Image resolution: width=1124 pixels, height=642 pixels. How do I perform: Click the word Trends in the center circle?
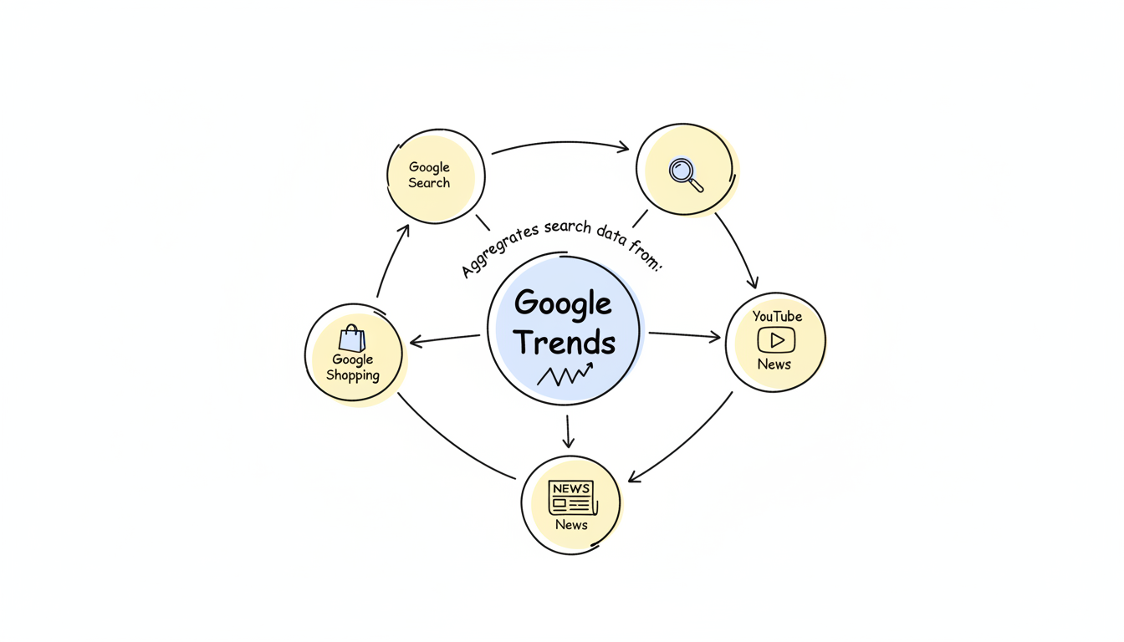[565, 342]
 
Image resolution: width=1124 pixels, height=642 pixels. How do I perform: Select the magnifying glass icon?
[686, 174]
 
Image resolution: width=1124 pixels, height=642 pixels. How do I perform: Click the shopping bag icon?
[352, 339]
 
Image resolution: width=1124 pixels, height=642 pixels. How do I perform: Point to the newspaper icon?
[571, 497]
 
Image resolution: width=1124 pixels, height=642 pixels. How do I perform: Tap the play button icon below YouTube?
[776, 340]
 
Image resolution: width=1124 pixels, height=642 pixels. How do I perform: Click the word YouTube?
[777, 316]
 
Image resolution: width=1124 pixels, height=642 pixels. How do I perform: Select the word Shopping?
[352, 375]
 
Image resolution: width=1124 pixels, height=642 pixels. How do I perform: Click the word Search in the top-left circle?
[429, 183]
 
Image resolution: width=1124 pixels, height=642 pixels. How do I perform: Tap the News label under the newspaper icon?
[571, 525]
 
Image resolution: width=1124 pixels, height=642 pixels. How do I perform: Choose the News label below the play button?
[774, 364]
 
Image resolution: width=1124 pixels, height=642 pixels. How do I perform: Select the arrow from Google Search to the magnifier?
[560, 144]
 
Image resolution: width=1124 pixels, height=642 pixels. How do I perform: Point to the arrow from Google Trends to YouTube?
[684, 335]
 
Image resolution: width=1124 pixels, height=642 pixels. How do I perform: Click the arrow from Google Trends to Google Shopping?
[445, 339]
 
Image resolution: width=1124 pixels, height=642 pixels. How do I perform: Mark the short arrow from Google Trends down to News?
[568, 431]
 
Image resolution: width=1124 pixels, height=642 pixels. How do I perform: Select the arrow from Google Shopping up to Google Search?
[391, 261]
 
